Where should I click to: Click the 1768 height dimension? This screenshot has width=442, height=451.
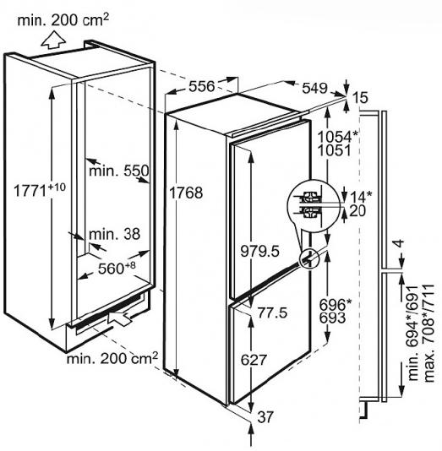tap(186, 193)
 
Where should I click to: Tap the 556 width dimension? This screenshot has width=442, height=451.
tap(202, 86)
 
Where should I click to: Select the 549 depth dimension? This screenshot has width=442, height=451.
tap(314, 88)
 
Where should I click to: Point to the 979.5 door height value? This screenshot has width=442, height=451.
tap(259, 251)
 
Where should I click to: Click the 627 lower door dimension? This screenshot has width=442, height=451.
tap(254, 360)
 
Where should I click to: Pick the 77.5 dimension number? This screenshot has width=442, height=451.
tap(272, 312)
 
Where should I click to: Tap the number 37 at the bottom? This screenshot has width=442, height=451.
tap(265, 417)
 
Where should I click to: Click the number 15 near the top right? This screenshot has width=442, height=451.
tap(360, 97)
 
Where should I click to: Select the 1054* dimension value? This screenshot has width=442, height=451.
tap(337, 137)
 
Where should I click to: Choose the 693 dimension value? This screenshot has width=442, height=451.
tap(332, 318)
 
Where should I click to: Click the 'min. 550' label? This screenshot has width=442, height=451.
tap(119, 171)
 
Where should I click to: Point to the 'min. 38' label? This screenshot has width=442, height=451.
tap(115, 234)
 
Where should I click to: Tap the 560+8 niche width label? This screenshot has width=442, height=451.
tap(117, 268)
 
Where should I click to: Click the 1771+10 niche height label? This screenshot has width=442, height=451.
tap(40, 189)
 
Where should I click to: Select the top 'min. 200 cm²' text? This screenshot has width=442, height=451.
tap(63, 19)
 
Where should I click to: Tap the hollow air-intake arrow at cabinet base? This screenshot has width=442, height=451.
tap(119, 316)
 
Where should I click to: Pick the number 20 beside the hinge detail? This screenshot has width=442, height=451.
tap(357, 210)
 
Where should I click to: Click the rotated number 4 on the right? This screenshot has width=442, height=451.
tap(399, 243)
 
